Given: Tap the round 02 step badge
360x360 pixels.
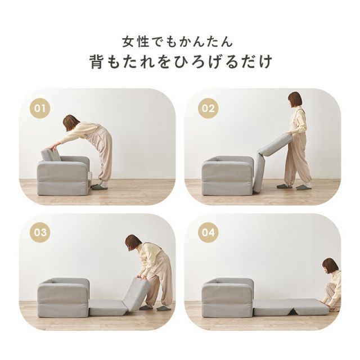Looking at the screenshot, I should tap(208, 108).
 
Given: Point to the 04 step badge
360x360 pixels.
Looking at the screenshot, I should tap(208, 232).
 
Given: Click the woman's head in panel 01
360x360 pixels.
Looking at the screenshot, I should tap(71, 122).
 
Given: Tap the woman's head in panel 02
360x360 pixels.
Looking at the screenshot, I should tap(295, 100).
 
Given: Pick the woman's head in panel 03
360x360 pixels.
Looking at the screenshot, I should tap(133, 242).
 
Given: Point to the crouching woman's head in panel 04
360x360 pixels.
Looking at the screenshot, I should tap(330, 265).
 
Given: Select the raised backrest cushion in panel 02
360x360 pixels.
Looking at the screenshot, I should tap(275, 145).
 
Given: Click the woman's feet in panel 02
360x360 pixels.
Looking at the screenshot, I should tap(294, 186).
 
